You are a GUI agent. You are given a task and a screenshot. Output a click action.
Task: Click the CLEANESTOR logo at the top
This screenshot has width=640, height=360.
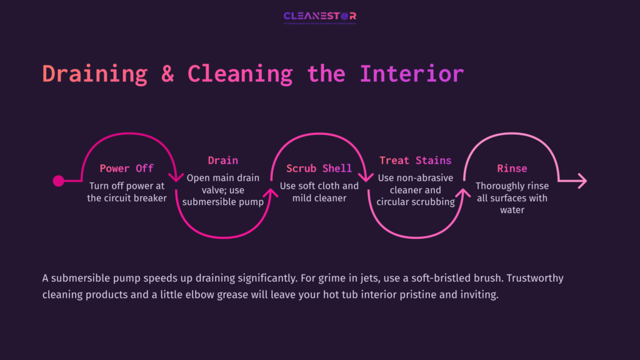pyautogui.click(x=319, y=16)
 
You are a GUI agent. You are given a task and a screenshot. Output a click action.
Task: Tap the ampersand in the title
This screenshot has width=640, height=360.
pyautogui.click(x=167, y=73)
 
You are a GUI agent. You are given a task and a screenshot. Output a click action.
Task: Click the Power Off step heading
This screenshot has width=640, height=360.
pyautogui.click(x=126, y=168)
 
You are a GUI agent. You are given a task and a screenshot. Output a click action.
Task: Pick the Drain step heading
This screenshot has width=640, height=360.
pyautogui.click(x=223, y=161)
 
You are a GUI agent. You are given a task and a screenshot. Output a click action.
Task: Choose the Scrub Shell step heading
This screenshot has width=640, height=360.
pyautogui.click(x=319, y=168)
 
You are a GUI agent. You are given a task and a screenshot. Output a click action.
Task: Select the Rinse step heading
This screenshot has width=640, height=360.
pyautogui.click(x=512, y=168)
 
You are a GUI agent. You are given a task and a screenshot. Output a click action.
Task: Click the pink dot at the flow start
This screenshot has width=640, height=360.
pyautogui.click(x=59, y=181)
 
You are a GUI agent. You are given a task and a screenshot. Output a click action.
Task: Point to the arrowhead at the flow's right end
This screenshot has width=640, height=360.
pyautogui.click(x=582, y=181)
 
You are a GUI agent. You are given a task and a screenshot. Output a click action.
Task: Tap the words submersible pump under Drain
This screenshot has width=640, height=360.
pyautogui.click(x=223, y=202)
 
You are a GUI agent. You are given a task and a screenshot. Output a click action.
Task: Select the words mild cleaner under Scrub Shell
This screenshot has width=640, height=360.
pyautogui.click(x=319, y=198)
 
